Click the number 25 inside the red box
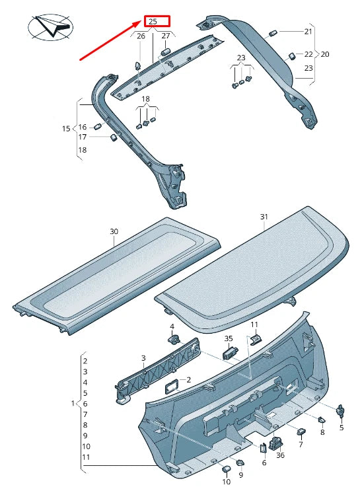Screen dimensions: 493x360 (x=153, y=21)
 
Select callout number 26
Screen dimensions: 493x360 (x=140, y=36)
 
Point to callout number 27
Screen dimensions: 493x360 (x=166, y=36)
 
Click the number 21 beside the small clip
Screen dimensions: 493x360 (x=308, y=32)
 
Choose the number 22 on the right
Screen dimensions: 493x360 (x=308, y=54)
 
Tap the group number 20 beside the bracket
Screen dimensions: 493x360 (x=324, y=54)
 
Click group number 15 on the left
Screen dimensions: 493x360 (x=66, y=128)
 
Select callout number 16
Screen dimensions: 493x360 (x=83, y=127)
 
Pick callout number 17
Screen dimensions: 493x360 (x=83, y=137)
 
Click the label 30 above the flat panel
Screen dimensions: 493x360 (x=114, y=232)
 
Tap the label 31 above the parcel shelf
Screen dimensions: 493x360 (x=264, y=217)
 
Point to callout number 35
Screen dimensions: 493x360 (x=229, y=338)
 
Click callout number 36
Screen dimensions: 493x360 (x=280, y=455)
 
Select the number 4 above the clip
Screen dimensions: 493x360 (x=172, y=326)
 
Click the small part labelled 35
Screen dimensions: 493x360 (x=230, y=353)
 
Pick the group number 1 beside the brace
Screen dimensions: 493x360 (x=72, y=403)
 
